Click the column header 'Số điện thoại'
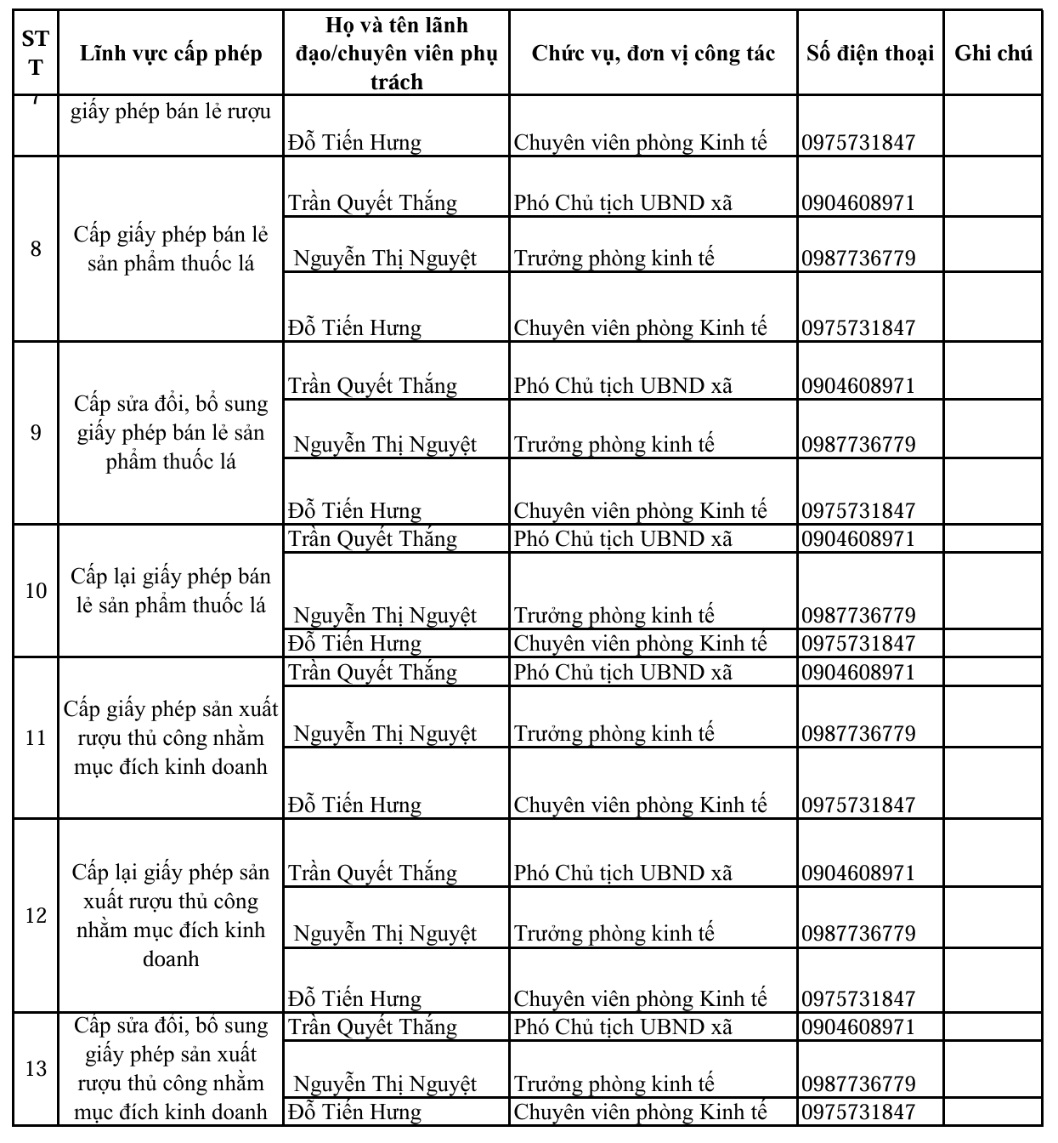pos(869,54)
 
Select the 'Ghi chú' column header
pos(993,54)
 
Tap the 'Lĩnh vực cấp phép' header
pos(171,54)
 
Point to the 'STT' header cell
pos(35,52)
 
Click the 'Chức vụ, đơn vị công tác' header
pos(653,54)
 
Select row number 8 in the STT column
pos(35,249)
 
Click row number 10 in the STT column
pos(35,590)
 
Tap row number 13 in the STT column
pos(35,1068)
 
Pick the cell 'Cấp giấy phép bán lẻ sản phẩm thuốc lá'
pos(171,249)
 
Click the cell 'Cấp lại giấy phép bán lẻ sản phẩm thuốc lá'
pos(171,591)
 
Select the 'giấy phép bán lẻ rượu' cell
pos(171,111)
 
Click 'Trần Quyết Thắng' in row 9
pos(372,386)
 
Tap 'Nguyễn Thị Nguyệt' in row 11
pos(384,734)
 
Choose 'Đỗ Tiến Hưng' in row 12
pos(354,998)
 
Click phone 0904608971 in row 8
pos(858,203)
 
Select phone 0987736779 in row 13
pos(858,1084)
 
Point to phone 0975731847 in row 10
pos(858,644)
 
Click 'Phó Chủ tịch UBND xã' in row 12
pos(623,873)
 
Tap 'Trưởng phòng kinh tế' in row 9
pos(614,445)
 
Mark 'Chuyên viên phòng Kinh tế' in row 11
pos(640,805)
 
